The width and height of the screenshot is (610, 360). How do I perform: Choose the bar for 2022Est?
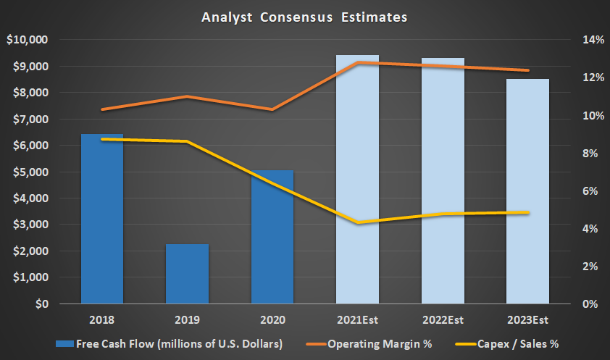443,181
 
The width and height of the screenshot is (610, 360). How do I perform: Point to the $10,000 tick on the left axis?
27,40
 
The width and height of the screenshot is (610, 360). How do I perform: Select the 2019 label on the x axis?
187,319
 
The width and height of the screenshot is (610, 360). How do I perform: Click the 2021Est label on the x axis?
358,319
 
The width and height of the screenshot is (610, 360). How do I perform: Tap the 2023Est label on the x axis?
528,319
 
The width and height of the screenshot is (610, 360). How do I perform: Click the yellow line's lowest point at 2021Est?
358,222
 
